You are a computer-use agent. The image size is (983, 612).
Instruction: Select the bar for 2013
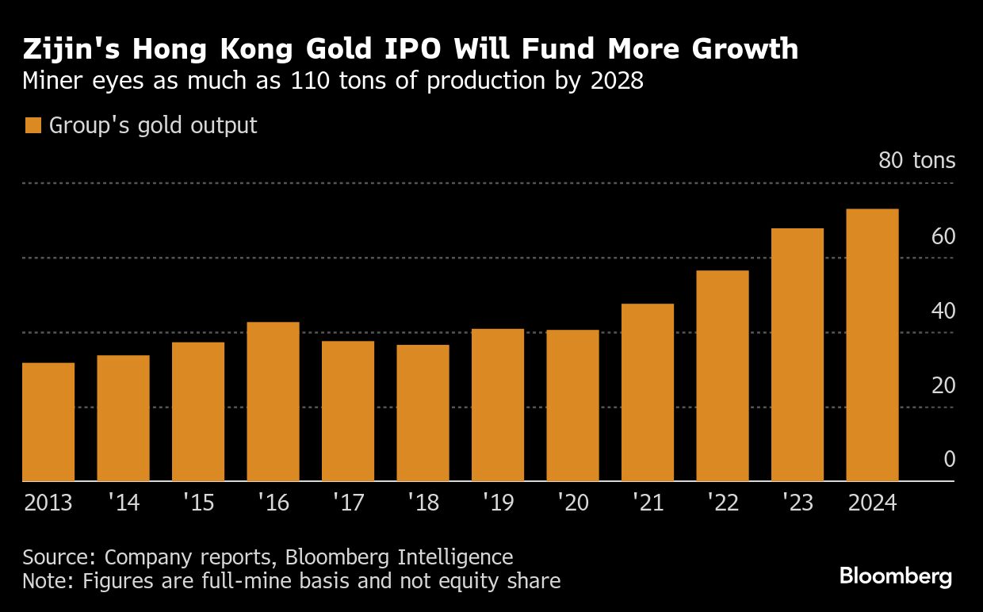tap(48, 422)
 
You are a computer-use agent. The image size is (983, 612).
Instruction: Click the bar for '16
tap(273, 401)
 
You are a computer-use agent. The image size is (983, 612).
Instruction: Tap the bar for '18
tap(423, 412)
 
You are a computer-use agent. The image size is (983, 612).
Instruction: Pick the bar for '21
tap(648, 392)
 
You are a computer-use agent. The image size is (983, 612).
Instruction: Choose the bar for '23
tap(797, 354)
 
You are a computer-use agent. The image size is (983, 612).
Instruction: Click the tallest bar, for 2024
tap(872, 345)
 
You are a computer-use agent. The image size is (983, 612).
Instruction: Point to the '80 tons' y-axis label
tap(916, 161)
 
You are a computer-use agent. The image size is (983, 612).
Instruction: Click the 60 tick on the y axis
tap(943, 236)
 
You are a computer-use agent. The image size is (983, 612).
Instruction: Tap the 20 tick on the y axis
tap(943, 385)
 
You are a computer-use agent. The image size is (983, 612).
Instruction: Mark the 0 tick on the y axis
tap(949, 460)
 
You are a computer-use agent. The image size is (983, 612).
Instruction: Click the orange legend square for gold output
tap(33, 125)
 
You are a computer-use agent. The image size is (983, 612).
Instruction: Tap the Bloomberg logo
tap(896, 576)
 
